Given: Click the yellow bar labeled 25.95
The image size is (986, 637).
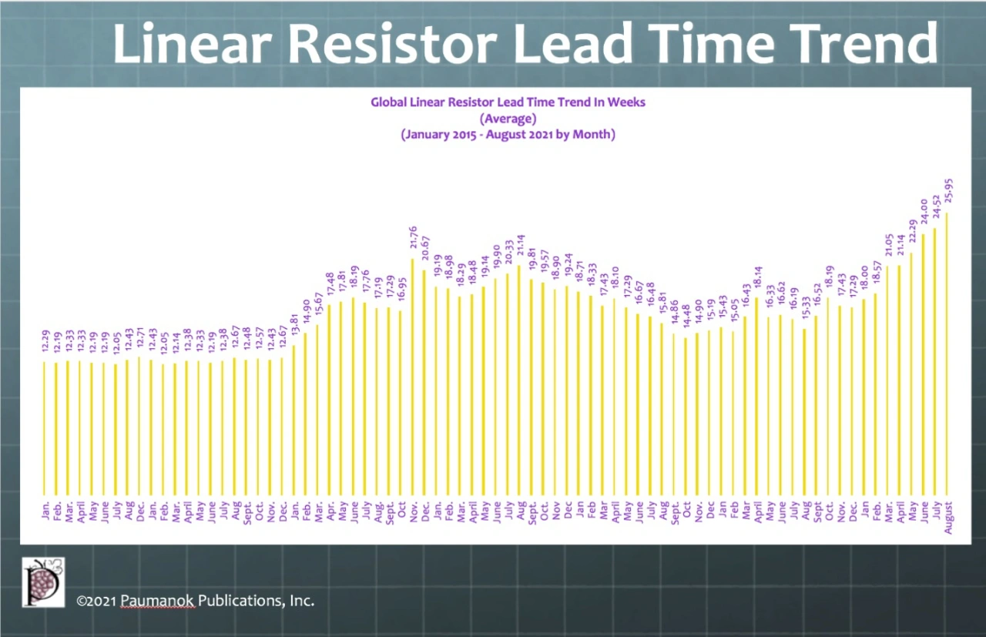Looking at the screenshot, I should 947,354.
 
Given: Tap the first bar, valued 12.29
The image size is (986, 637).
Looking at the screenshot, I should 44,427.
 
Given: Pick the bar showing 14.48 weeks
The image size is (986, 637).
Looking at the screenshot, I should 686,416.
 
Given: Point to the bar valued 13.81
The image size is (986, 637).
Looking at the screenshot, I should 293,420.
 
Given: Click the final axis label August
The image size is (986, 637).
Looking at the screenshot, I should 947,513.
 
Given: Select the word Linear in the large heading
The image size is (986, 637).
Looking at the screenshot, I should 196,45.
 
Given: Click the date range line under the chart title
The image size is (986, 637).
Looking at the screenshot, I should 507,134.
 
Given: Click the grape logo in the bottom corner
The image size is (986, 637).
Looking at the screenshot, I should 43,582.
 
